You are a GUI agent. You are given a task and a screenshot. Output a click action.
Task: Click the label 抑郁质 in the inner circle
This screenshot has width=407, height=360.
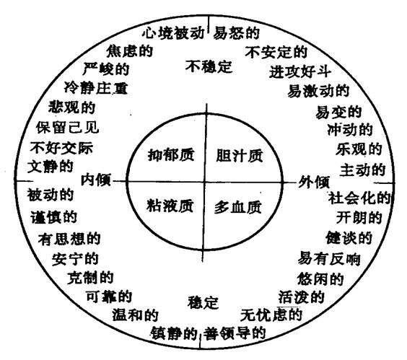171,155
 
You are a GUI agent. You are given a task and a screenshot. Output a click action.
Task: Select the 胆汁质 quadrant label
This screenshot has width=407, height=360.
240,156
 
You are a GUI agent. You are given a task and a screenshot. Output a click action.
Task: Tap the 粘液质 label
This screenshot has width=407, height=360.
170,206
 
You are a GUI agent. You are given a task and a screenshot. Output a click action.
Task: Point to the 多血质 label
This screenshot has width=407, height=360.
237,207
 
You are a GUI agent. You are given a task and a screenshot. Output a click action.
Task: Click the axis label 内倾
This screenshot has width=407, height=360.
96,180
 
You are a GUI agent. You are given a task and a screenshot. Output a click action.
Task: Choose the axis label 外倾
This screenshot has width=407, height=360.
314,181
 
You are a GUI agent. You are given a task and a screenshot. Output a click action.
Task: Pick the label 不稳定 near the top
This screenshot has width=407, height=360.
209,66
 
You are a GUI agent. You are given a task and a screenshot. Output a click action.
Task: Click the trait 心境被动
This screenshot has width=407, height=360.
173,33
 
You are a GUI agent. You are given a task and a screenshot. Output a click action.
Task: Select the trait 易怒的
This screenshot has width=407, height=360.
236,33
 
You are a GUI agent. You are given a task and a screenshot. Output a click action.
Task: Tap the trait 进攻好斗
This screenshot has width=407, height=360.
300,71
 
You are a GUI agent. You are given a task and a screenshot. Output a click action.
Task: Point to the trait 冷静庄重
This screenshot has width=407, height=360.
96,87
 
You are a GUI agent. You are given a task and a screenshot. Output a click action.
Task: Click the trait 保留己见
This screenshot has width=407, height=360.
68,127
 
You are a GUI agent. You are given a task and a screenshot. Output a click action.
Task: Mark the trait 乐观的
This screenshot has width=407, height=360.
359,149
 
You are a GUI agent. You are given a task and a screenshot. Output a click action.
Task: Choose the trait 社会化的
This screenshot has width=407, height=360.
359,198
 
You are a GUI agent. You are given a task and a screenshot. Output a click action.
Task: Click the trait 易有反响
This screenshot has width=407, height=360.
329,258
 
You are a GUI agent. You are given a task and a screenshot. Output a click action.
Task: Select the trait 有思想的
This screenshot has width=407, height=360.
69,239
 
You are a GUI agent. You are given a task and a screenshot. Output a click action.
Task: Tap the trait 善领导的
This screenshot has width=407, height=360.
235,333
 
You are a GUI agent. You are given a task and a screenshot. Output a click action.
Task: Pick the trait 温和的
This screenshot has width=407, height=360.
135,315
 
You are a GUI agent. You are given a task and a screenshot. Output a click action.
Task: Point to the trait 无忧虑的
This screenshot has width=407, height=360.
271,315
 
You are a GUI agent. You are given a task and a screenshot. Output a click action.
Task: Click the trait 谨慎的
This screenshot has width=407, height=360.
53,217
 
